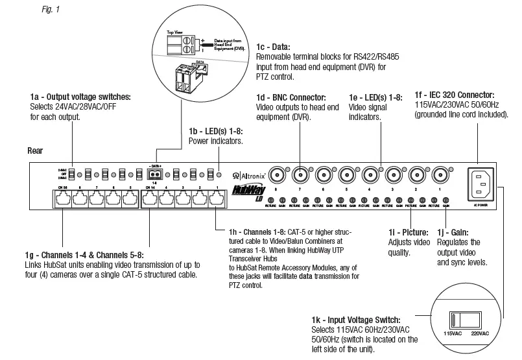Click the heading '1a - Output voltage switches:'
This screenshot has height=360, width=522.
click(80, 97)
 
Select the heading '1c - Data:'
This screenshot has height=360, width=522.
click(274, 47)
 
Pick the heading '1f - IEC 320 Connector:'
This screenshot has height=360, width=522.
click(455, 94)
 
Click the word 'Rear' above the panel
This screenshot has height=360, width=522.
click(35, 149)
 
